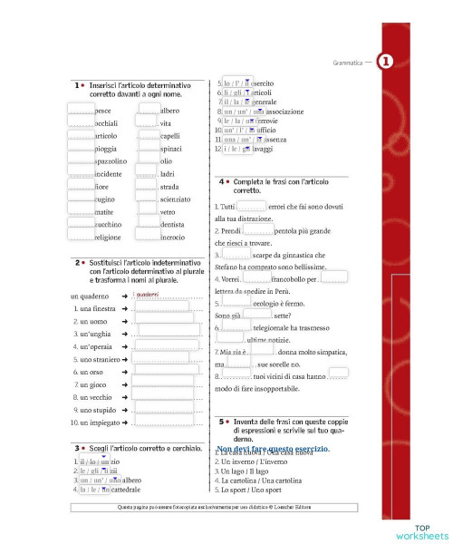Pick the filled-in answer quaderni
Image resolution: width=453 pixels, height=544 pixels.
[x=148, y=295]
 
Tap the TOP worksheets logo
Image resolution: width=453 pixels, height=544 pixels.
[x=420, y=530]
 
